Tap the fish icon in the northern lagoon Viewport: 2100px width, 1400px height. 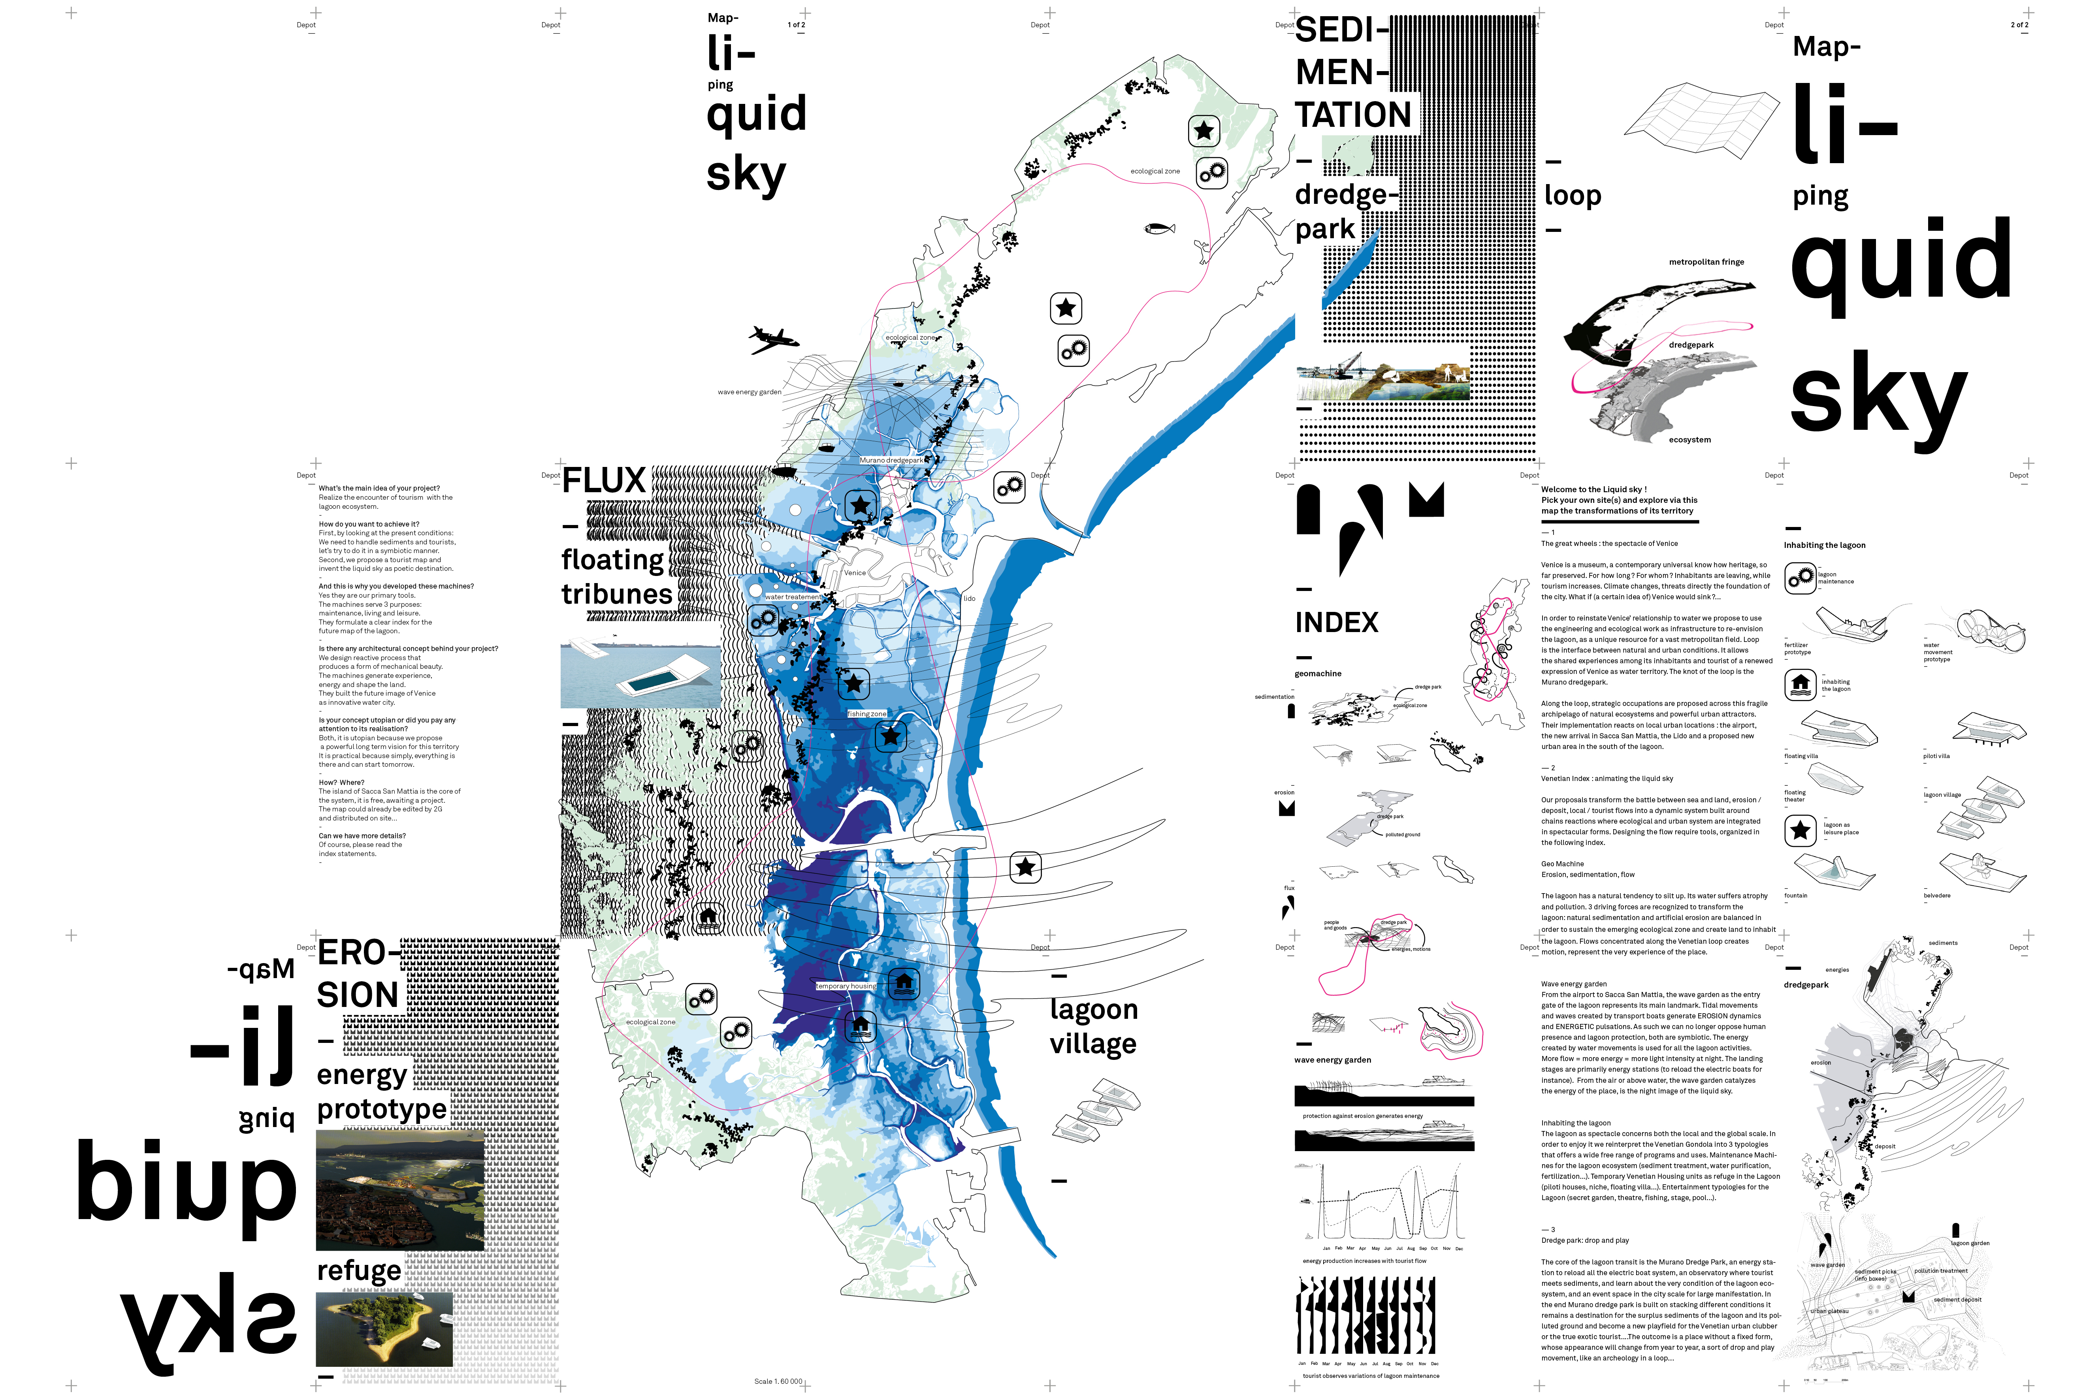pos(1159,229)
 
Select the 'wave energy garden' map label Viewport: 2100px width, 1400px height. pos(749,392)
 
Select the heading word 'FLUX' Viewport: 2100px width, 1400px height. pos(604,481)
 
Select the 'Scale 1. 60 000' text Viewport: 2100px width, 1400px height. pos(778,1381)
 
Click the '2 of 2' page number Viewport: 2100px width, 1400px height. pos(2019,25)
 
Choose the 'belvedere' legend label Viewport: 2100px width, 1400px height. pos(1936,896)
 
